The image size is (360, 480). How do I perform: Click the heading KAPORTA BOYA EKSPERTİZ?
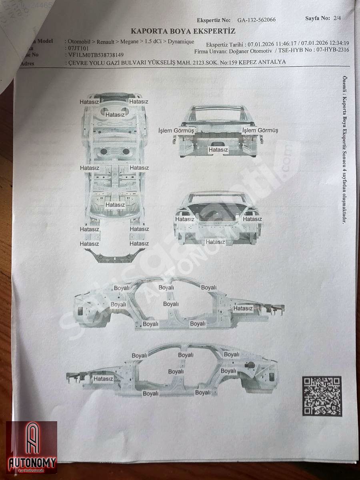(183, 31)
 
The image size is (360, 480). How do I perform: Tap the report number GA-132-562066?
(256, 20)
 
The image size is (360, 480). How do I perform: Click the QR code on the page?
(322, 396)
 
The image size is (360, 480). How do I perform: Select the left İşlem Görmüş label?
(176, 130)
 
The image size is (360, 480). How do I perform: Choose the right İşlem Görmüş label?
(260, 130)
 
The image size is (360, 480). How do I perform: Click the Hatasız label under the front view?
(218, 150)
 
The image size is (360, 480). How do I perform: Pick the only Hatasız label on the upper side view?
(243, 308)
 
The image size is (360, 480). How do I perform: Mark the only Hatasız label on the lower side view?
(103, 378)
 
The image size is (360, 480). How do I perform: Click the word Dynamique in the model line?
(180, 42)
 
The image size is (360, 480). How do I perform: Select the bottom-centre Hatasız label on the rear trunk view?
(215, 242)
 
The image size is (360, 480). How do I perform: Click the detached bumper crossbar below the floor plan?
(114, 256)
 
